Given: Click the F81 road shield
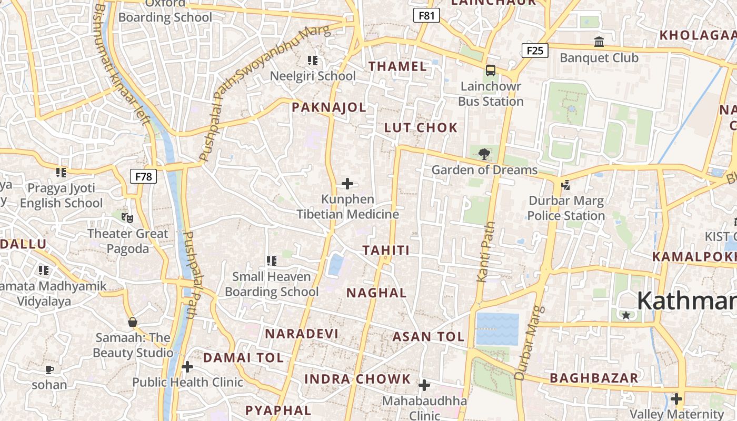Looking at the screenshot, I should pyautogui.click(x=426, y=16).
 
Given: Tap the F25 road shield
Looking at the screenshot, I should pyautogui.click(x=535, y=51).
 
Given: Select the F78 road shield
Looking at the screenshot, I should pyautogui.click(x=143, y=176).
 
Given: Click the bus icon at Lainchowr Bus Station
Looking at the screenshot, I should pyautogui.click(x=491, y=70).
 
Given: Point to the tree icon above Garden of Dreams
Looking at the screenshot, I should pyautogui.click(x=484, y=154).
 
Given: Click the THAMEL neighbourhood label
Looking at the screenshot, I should pyautogui.click(x=397, y=66).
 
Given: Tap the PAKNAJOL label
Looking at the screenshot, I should pyautogui.click(x=329, y=108).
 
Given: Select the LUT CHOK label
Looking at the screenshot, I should pyautogui.click(x=421, y=128).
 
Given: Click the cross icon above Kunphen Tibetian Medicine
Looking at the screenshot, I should pyautogui.click(x=347, y=184).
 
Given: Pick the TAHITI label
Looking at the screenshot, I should pyautogui.click(x=386, y=250).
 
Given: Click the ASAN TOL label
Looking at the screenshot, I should pyautogui.click(x=429, y=337).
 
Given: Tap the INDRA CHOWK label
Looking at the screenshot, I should pyautogui.click(x=357, y=379).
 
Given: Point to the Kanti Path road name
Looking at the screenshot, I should pyautogui.click(x=486, y=252).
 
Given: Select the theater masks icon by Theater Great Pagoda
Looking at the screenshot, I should pyautogui.click(x=127, y=217).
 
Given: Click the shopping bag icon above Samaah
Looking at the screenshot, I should pyautogui.click(x=132, y=322).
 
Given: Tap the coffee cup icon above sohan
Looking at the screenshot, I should pyautogui.click(x=49, y=369).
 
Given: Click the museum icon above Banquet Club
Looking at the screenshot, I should pyautogui.click(x=599, y=42).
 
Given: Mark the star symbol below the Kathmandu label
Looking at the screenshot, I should pyautogui.click(x=626, y=315).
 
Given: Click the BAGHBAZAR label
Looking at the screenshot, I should pyautogui.click(x=594, y=378).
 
